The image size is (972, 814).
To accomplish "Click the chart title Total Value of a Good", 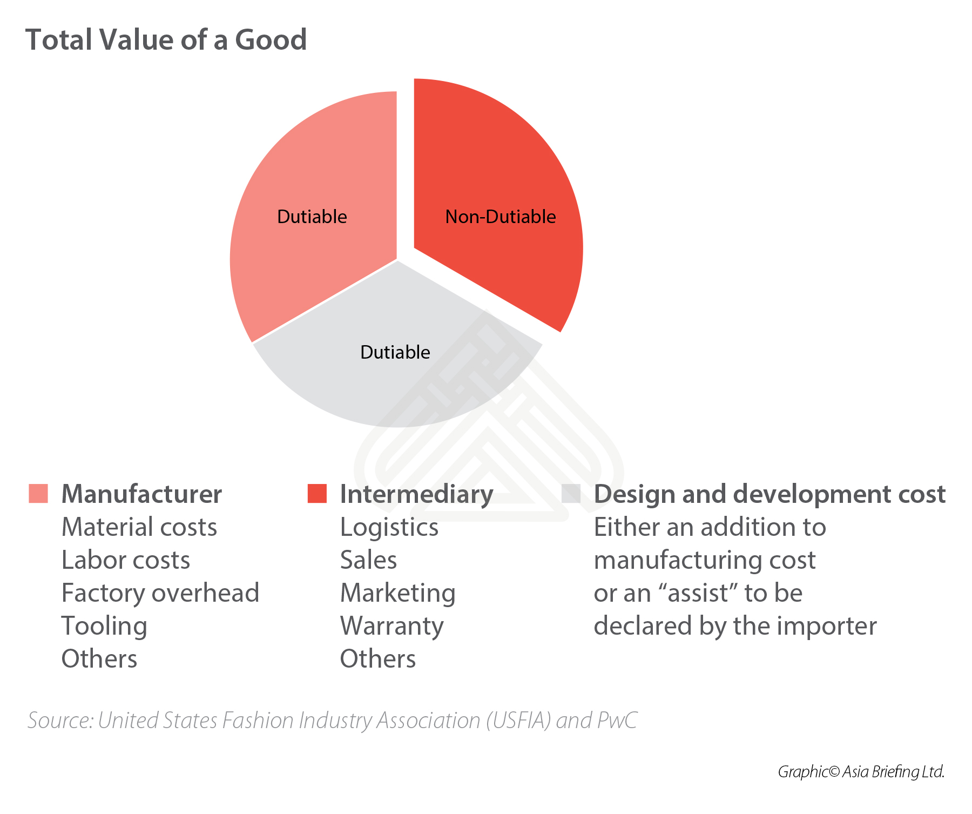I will (166, 40).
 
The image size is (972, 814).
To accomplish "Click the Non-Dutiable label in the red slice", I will (500, 217).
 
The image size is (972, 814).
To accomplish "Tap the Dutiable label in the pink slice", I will (312, 217).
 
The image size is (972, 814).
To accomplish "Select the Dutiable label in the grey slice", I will (395, 352).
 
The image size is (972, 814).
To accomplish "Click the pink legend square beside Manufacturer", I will (38, 494).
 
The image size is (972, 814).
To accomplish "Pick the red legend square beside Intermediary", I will (317, 494).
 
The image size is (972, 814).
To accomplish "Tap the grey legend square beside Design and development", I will (571, 494).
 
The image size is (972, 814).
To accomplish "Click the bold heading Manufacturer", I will (141, 494).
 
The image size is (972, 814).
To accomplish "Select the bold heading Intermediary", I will (416, 494).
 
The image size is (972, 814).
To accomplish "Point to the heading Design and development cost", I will (769, 494).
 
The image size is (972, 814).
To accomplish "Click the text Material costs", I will (139, 527).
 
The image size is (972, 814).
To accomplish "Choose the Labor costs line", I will (126, 560).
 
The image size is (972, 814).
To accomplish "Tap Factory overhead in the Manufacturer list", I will (160, 593).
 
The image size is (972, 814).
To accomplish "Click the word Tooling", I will (104, 626).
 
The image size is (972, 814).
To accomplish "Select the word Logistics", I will (389, 527).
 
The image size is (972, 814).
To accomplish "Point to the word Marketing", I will (398, 593).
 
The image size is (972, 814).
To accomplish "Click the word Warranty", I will (392, 626).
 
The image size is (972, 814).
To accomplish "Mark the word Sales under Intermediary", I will (368, 560).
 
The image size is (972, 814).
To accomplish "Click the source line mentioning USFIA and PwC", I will (332, 721).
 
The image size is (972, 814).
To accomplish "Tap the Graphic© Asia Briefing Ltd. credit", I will (861, 771).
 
